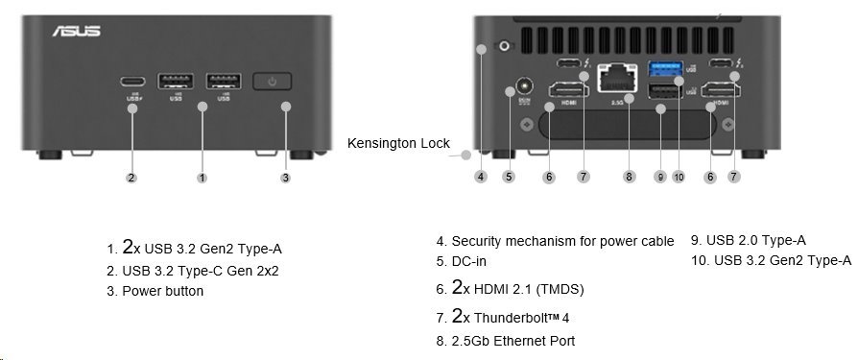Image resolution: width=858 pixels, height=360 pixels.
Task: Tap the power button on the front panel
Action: (x=274, y=82)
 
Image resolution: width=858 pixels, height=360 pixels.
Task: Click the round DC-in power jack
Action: (x=524, y=85)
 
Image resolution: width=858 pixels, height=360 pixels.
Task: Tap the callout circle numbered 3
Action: (x=285, y=177)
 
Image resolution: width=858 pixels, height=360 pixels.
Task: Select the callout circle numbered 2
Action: (x=131, y=177)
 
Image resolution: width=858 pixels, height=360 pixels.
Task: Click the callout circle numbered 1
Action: (x=202, y=177)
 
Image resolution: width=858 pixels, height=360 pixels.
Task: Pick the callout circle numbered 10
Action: (x=679, y=177)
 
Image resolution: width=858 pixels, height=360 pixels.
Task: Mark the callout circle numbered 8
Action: (x=629, y=177)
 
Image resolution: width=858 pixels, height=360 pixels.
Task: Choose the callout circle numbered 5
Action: (x=509, y=177)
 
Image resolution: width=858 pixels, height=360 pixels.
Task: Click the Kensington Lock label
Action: (x=397, y=143)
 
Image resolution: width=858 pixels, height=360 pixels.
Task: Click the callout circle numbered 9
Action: (x=659, y=177)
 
